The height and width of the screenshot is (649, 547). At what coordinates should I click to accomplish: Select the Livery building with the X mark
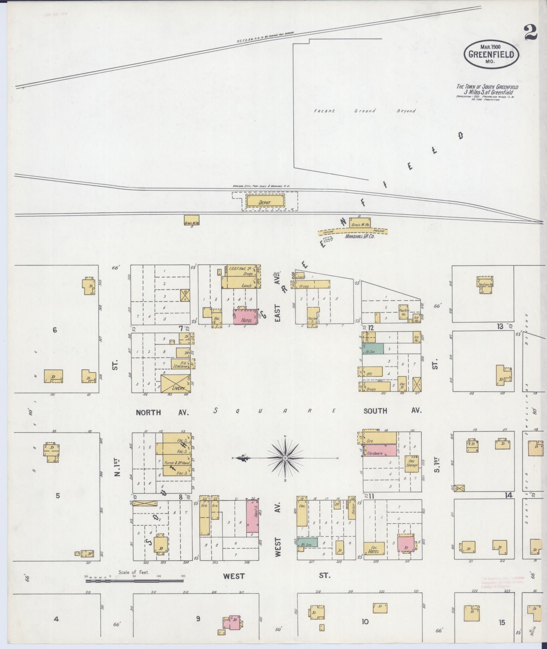pos(175,383)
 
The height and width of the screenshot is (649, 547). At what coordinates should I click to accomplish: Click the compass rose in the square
pos(285,458)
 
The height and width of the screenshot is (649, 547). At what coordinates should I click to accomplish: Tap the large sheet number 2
pos(531,33)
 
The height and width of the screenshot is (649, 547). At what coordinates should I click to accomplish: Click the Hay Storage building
pos(412,463)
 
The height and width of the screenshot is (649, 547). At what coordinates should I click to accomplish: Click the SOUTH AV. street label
pos(392,411)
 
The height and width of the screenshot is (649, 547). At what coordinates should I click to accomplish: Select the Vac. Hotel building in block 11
pos(374,548)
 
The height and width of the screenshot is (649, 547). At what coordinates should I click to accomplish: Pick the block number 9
pos(198,618)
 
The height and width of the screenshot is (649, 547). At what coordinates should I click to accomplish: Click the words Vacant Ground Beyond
pos(365,111)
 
